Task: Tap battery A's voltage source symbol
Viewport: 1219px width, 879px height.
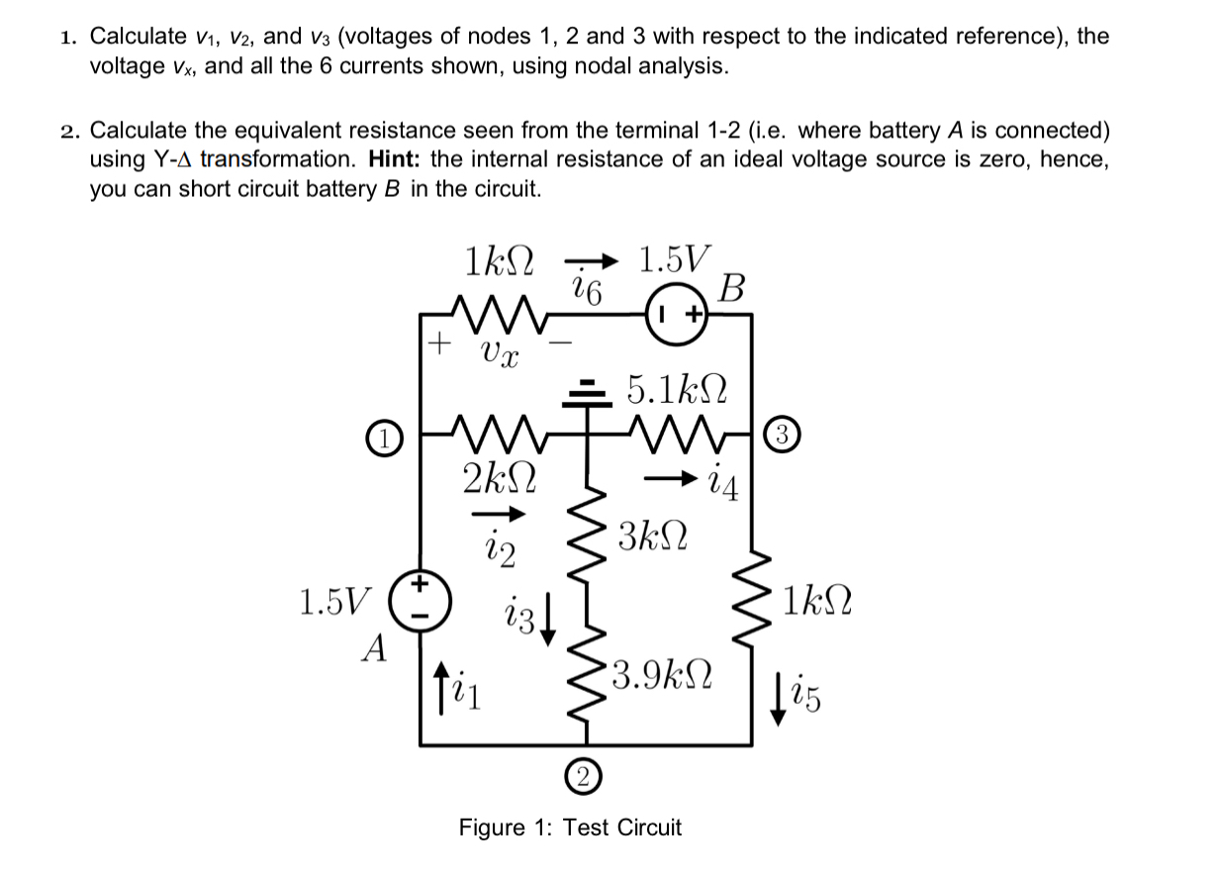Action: pyautogui.click(x=420, y=599)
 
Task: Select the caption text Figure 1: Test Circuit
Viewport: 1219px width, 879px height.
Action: pyautogui.click(x=570, y=828)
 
